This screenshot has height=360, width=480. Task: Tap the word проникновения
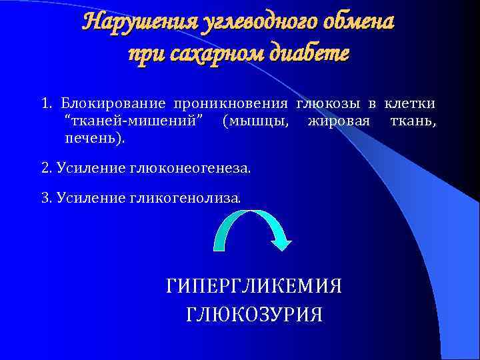click(230, 104)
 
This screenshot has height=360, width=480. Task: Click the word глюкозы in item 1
click(327, 104)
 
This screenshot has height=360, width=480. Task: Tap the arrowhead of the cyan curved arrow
click(281, 242)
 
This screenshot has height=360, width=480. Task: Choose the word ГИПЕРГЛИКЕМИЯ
click(254, 287)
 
